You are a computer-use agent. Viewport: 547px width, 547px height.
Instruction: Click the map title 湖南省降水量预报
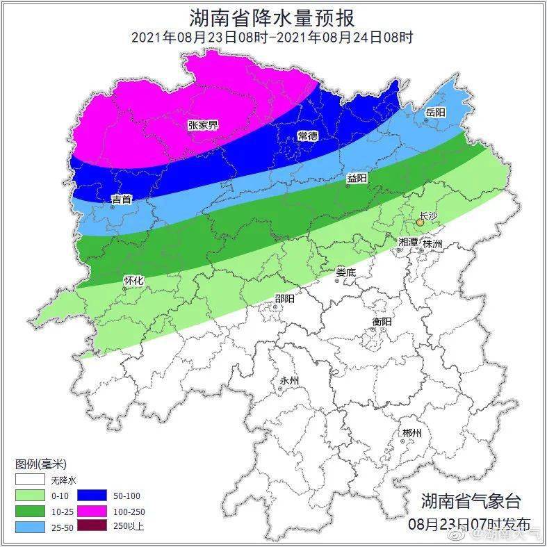coord(272,17)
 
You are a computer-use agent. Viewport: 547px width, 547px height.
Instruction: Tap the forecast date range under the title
coord(272,38)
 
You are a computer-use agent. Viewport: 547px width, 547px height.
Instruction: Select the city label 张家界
coord(202,125)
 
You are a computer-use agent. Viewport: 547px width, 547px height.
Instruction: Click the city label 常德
coord(307,135)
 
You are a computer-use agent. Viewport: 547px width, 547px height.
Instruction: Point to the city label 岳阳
coord(435,112)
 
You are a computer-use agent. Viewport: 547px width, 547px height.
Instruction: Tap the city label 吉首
coord(122,200)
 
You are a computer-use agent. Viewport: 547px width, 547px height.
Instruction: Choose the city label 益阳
coord(357,179)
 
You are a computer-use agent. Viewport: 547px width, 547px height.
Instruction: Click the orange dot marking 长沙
coord(420,223)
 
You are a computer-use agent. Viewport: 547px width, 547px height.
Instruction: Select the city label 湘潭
coord(409,242)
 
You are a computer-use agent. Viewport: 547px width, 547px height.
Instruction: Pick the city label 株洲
coord(432,244)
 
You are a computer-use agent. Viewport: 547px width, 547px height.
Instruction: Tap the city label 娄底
coord(345,272)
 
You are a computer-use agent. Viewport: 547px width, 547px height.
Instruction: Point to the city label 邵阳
coord(284,299)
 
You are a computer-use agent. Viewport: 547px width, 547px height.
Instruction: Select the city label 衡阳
coord(382,322)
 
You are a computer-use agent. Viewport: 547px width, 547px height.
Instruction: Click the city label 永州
coord(288,381)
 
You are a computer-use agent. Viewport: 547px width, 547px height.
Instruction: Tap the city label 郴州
coord(411,433)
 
